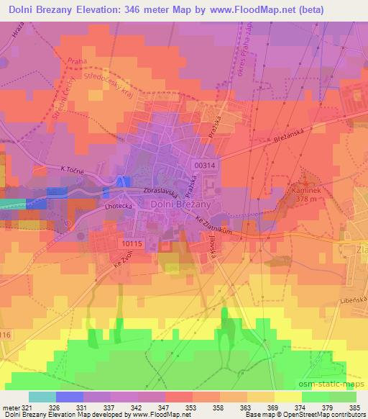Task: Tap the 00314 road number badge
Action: coord(204,165)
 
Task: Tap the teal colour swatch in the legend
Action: coord(42,397)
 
